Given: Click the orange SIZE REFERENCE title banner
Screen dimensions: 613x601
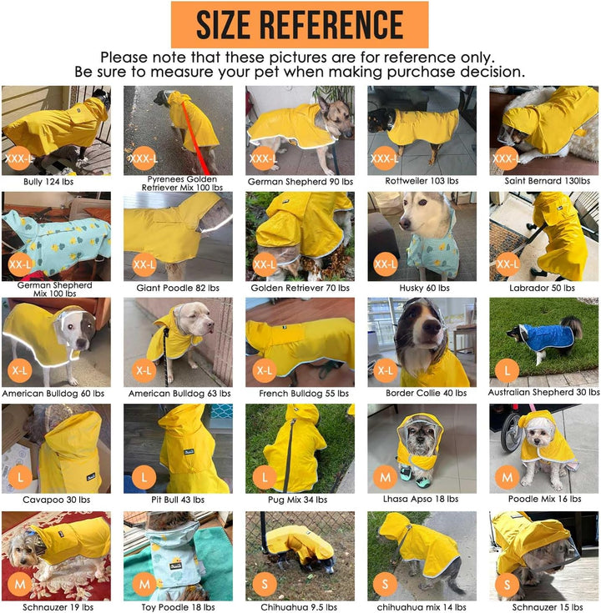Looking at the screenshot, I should tap(300, 25).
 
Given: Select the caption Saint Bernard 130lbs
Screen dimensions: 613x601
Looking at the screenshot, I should tap(543, 180).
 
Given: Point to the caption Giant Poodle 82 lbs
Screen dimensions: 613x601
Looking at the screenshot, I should tap(178, 288).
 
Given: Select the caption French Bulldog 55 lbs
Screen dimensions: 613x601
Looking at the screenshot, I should tap(300, 393).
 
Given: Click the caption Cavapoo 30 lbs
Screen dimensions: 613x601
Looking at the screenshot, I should tap(56, 500).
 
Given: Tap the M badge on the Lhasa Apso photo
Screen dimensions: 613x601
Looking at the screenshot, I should tap(386, 477).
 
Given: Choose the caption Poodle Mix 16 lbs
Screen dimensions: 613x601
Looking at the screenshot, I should tap(543, 500).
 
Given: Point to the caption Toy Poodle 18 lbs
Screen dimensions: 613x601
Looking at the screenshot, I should tap(178, 606).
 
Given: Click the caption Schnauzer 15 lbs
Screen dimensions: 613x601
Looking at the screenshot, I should tap(543, 606).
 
